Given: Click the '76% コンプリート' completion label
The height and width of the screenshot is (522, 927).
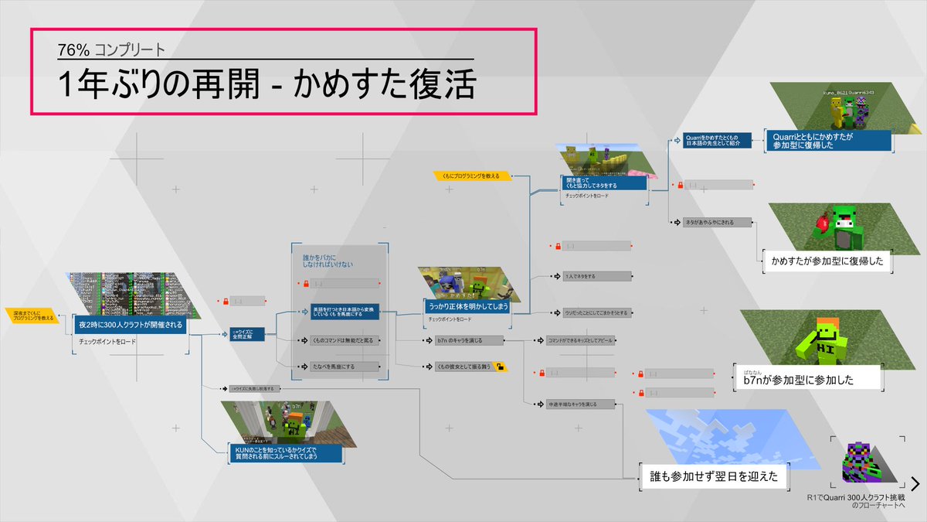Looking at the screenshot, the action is pyautogui.click(x=111, y=51).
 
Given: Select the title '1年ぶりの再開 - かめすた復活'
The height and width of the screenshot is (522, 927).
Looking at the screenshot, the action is pyautogui.click(x=266, y=84).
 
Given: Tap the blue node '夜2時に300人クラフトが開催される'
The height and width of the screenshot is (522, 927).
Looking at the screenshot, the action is pyautogui.click(x=130, y=325).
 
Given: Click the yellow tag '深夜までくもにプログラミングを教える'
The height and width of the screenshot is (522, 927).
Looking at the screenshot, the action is pyautogui.click(x=30, y=316).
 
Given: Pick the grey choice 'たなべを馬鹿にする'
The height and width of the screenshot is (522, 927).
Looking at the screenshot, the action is pyautogui.click(x=338, y=367).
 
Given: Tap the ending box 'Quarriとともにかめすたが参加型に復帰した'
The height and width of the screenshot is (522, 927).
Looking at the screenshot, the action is pyautogui.click(x=827, y=141).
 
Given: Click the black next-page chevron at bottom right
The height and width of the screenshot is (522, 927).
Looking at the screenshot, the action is pyautogui.click(x=915, y=484).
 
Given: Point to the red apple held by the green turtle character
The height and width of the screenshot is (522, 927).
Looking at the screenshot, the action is pyautogui.click(x=823, y=225).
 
